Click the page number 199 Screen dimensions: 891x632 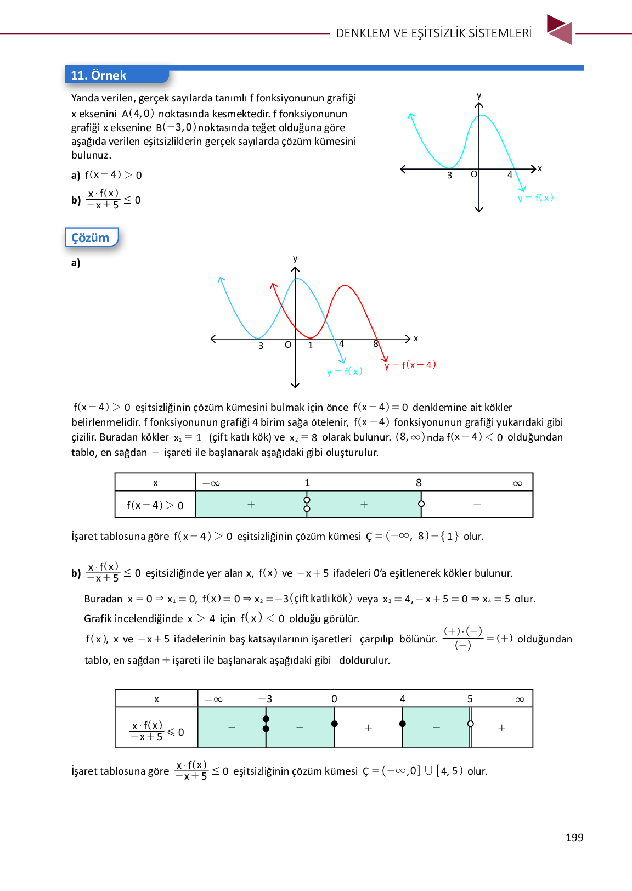tap(574, 837)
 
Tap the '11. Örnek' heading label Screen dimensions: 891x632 tap(99, 75)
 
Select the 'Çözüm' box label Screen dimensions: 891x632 tap(91, 238)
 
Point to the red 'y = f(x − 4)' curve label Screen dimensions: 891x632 tap(410, 365)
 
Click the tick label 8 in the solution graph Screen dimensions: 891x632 tap(376, 344)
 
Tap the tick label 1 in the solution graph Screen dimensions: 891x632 tap(311, 346)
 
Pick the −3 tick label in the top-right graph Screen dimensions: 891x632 tap(446, 175)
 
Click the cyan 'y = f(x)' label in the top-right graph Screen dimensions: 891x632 tap(535, 198)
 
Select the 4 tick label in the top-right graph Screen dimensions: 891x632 tap(510, 174)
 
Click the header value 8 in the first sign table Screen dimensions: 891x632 tap(419, 482)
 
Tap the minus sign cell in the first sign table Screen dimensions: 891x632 tap(477, 504)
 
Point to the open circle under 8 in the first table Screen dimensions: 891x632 tap(421, 504)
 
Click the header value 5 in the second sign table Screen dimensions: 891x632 tap(470, 698)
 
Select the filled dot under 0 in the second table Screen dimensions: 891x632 tap(335, 724)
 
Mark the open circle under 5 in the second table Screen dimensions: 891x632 tap(470, 724)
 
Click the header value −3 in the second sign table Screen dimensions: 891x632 tap(266, 698)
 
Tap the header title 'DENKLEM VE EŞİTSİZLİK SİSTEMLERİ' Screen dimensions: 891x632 tap(433, 33)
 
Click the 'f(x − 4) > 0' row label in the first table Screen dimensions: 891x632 tap(155, 505)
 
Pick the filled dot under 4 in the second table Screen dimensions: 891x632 tap(403, 724)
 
